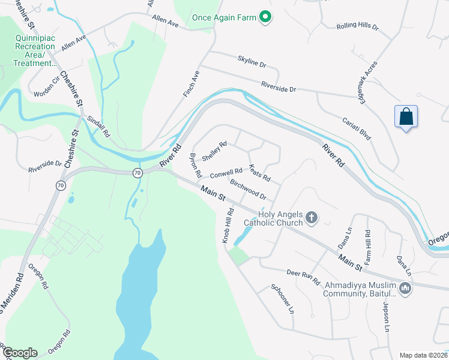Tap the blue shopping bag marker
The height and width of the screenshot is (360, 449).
(406, 117)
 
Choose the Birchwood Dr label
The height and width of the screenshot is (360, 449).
(248, 191)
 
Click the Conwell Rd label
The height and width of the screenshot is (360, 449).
(226, 173)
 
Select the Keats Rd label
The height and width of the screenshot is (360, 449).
(260, 173)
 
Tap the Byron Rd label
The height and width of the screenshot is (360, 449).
(195, 164)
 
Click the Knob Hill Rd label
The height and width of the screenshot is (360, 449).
(228, 226)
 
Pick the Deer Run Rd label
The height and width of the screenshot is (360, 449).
(304, 278)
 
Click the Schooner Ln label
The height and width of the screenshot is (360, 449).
(282, 299)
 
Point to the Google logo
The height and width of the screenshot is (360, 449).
(19, 353)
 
